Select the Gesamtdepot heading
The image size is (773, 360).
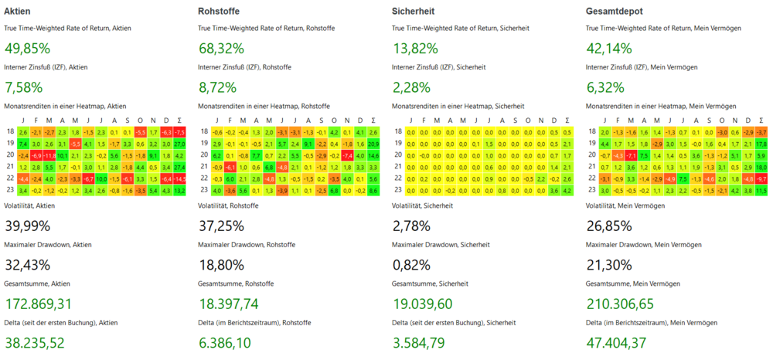(x=615, y=11)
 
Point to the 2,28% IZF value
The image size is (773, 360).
(x=411, y=87)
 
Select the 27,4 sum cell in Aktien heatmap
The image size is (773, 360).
(x=180, y=167)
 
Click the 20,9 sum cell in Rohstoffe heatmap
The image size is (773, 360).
(x=374, y=144)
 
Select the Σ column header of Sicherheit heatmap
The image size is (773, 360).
(x=568, y=121)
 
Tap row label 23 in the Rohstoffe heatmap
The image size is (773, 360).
(x=205, y=190)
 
